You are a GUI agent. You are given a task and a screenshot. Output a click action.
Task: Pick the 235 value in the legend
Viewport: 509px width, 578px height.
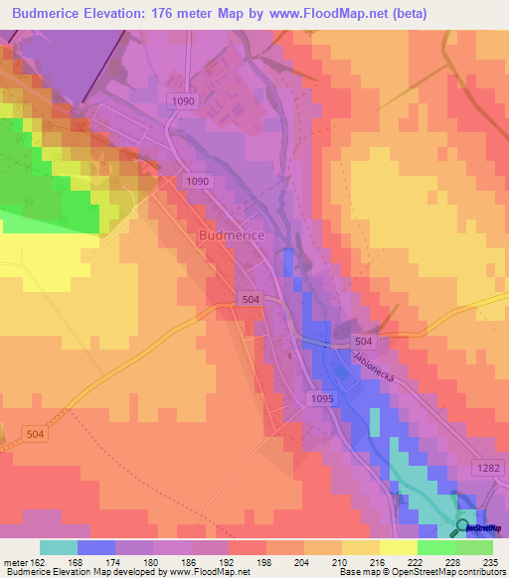(x=487, y=562)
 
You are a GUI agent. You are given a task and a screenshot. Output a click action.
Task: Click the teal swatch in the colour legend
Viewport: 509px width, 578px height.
(x=59, y=547)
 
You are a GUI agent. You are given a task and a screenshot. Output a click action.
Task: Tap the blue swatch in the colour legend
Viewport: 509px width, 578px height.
(x=96, y=547)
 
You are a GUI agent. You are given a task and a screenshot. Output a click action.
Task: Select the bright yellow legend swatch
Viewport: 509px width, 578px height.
(x=399, y=547)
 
